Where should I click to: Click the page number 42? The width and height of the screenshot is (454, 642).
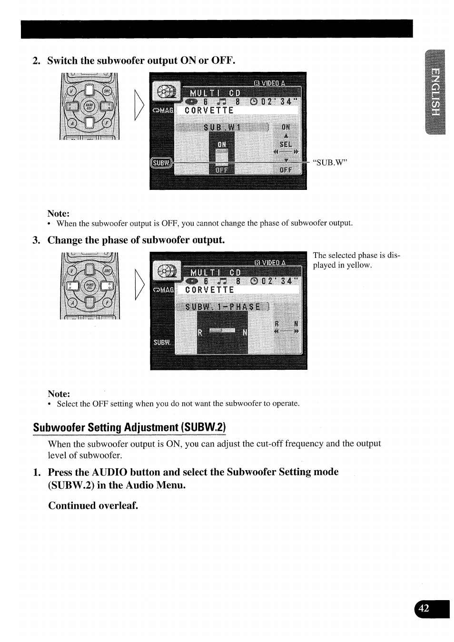[x=424, y=608]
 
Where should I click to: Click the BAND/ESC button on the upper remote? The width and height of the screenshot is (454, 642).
[x=89, y=106]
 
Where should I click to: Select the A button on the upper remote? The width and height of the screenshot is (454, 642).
[x=72, y=122]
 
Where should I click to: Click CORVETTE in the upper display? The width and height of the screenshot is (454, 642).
[x=209, y=110]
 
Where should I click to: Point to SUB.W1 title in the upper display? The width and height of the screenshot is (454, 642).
[x=222, y=127]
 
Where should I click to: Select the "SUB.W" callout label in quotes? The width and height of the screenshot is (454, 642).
[x=330, y=162]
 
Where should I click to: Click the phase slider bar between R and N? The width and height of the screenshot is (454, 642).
[x=222, y=330]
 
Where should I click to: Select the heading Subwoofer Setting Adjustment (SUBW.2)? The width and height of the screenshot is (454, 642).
[x=129, y=427]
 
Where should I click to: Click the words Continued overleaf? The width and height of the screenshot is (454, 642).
[x=93, y=505]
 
